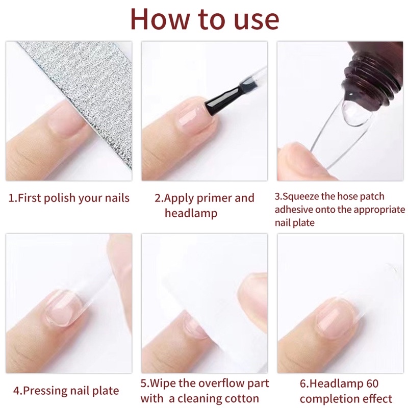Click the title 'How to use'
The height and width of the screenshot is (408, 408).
pyautogui.click(x=204, y=19)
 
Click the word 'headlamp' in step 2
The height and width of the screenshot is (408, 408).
pyautogui.click(x=191, y=213)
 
